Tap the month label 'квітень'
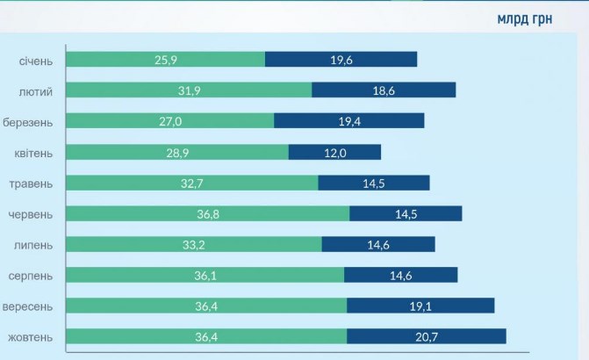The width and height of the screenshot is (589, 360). (33, 153)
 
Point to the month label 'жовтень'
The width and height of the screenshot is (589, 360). (31, 337)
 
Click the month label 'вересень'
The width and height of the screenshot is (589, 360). (29, 306)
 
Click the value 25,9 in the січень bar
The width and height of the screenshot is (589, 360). (167, 60)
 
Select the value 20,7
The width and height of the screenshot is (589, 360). (427, 336)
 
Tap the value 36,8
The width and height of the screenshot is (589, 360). (208, 213)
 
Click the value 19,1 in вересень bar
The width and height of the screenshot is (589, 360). (421, 306)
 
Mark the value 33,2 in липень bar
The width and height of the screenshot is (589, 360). (194, 244)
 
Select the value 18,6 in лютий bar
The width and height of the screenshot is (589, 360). (384, 90)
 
